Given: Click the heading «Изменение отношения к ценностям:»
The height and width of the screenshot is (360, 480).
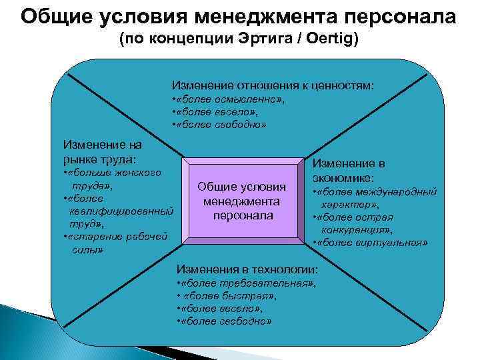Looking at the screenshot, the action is [273, 86].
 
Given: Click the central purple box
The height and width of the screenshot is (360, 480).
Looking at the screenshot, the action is [243, 200].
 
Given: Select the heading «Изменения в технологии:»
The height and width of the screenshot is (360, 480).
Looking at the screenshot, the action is [247, 269].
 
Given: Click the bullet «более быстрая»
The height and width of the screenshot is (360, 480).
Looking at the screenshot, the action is [227, 295].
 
